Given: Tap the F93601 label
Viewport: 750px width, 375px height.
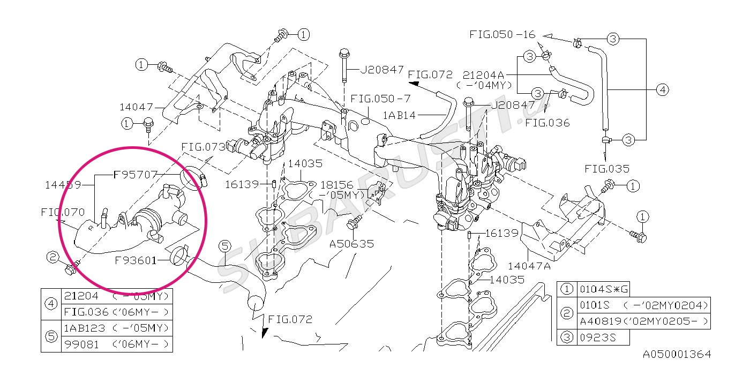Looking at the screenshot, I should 135,260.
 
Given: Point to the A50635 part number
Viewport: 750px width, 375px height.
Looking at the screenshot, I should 352,244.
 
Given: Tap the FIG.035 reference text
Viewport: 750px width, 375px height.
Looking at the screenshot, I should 606,169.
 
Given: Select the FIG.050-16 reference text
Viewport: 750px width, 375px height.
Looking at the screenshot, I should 502,34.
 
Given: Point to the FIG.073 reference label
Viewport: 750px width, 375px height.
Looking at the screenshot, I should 202,146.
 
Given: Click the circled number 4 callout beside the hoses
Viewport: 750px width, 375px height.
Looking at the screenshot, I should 663,89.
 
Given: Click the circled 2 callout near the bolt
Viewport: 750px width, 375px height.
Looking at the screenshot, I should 52,258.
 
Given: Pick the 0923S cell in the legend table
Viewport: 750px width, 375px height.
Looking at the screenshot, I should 595,337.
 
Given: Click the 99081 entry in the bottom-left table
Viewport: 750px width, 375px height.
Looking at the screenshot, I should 81,344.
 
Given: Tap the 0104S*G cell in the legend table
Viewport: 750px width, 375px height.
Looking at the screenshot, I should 603,289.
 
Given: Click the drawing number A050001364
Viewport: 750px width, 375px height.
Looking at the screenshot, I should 677,354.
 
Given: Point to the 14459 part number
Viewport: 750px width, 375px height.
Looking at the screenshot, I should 63,185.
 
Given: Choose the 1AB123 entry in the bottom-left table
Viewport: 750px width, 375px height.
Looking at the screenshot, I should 85,327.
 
